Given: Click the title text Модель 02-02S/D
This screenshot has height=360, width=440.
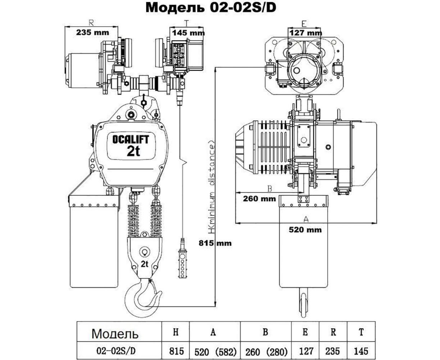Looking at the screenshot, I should [211, 8].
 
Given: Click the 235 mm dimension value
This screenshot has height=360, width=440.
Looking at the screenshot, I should [92, 32].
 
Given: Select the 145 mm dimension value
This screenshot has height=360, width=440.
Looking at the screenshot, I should [188, 32].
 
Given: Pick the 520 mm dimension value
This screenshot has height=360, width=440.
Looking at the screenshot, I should [305, 229].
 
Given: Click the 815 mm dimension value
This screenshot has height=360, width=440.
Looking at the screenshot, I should [215, 243].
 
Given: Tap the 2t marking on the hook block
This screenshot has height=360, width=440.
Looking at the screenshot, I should [145, 264].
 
